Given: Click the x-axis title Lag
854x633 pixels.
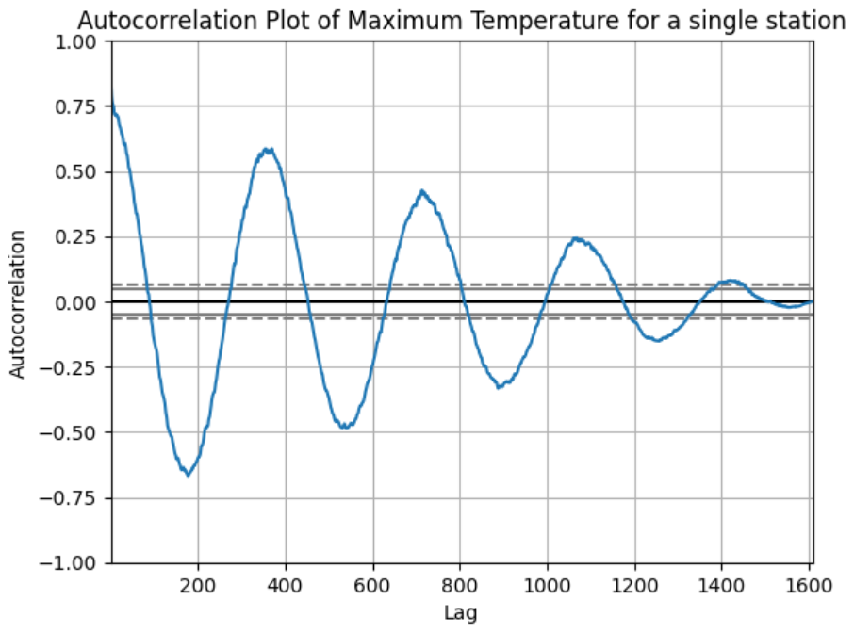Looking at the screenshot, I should [460, 613].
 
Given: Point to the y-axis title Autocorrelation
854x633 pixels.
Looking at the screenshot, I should [18, 302].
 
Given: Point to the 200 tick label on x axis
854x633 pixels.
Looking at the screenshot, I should [198, 585].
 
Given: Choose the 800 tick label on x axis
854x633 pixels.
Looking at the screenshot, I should [460, 585].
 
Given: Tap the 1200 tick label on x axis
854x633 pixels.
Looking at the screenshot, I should [634, 585].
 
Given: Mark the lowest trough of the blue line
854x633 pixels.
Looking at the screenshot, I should [188, 475].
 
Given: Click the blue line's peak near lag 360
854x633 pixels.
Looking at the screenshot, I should [269, 149].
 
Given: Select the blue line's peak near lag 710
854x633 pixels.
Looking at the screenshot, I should [422, 191].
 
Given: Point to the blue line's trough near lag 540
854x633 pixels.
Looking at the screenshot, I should [346, 427].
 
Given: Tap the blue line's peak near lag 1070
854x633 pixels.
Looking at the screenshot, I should [577, 239].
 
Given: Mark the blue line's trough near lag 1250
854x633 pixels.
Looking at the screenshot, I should [657, 340].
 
